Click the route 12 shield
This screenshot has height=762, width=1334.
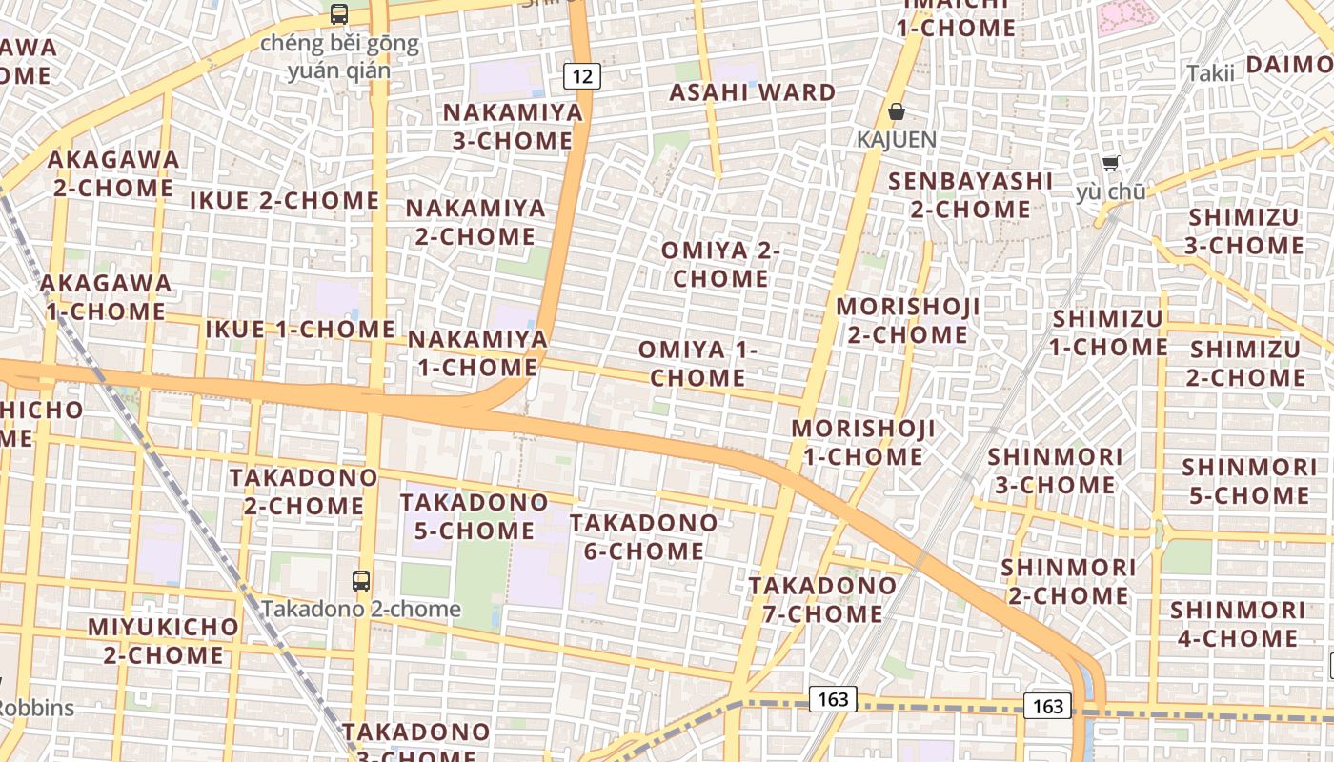click(582, 75)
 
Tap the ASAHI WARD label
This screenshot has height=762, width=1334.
click(752, 92)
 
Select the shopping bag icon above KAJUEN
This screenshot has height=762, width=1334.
click(896, 112)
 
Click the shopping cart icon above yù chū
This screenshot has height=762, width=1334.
click(1110, 164)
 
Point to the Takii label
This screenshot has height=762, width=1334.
click(1210, 72)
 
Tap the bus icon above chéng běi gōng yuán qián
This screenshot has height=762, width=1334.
click(339, 13)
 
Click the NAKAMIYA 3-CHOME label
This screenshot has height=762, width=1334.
click(513, 127)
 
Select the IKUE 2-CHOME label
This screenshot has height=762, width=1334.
click(285, 200)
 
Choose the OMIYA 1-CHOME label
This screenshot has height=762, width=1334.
click(697, 363)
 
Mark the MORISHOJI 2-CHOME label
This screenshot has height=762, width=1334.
click(908, 321)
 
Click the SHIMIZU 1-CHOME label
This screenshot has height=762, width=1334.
click(1108, 332)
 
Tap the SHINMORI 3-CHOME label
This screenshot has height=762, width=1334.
click(1054, 471)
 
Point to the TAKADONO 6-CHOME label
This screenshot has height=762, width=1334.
click(643, 536)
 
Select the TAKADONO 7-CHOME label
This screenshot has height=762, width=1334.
click(822, 599)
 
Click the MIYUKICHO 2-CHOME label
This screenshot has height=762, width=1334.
click(163, 641)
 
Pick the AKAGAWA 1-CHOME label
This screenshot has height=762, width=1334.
click(105, 297)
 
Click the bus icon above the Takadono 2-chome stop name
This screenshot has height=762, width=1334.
click(361, 580)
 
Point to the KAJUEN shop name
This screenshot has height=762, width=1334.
click(896, 139)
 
